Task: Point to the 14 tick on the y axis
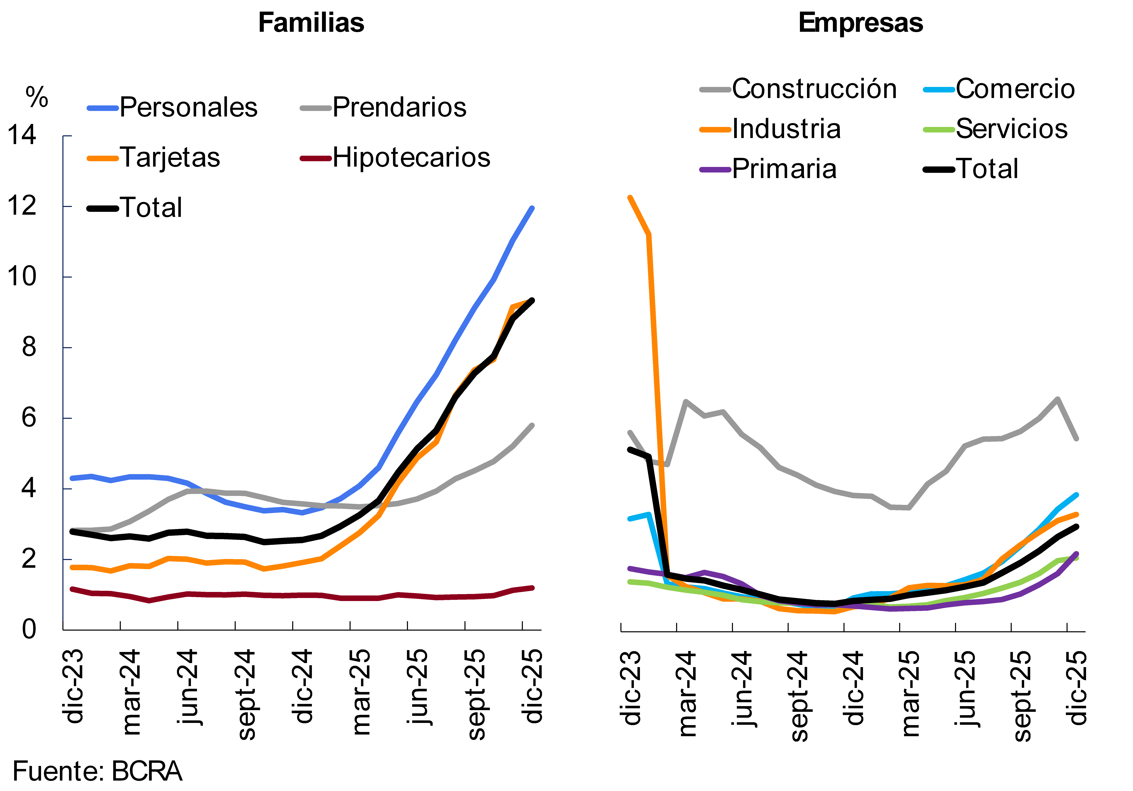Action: [x=22, y=135]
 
